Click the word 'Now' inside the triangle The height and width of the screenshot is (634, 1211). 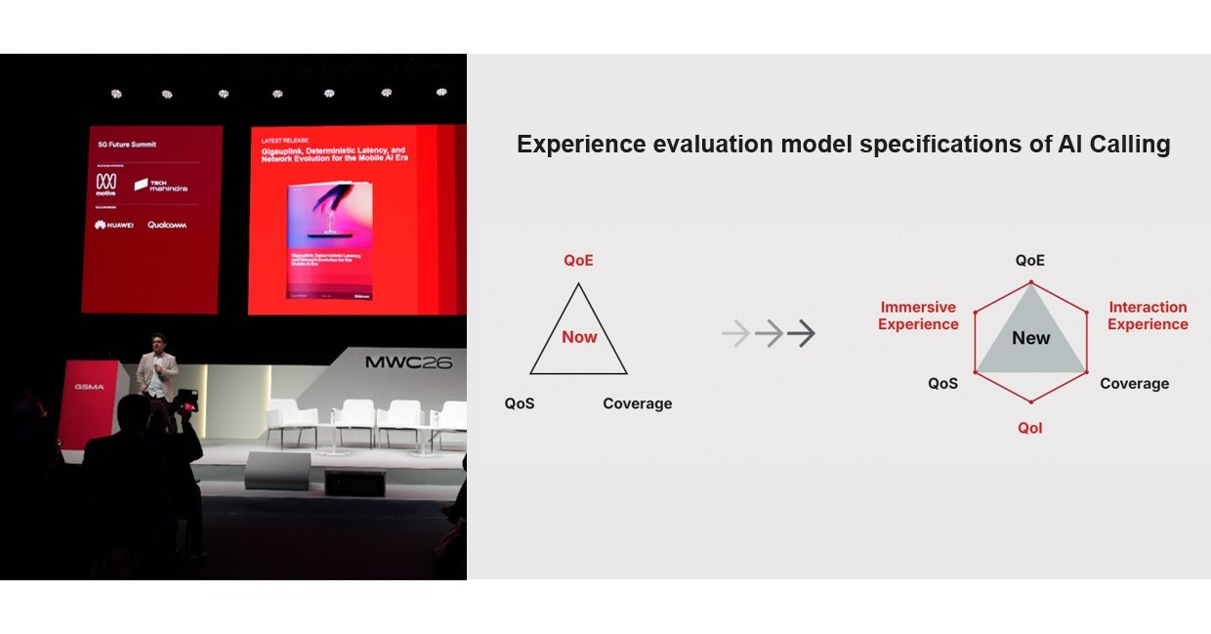tap(579, 337)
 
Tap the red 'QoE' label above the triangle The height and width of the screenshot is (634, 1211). tap(578, 261)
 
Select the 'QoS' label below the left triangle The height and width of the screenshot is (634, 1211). tap(520, 403)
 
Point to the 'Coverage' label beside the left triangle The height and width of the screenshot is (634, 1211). tap(637, 403)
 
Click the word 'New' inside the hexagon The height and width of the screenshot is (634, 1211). tap(1030, 339)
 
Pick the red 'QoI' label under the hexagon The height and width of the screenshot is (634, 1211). tap(1029, 428)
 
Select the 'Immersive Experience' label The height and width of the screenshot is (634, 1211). tap(918, 316)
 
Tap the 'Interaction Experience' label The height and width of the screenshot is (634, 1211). tap(1148, 316)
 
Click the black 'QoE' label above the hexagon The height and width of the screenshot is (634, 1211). tap(1029, 261)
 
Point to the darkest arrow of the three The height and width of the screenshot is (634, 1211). tap(801, 334)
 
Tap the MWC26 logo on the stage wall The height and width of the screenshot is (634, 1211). tap(408, 362)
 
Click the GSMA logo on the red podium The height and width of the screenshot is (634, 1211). tap(89, 387)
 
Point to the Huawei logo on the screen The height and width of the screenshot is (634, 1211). tap(113, 225)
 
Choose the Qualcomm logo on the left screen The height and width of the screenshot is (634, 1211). tap(167, 225)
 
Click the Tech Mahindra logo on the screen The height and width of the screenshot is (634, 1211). tap(161, 185)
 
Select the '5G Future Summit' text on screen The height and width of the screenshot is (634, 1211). tap(127, 145)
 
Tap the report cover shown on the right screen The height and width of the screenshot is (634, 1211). tap(330, 240)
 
